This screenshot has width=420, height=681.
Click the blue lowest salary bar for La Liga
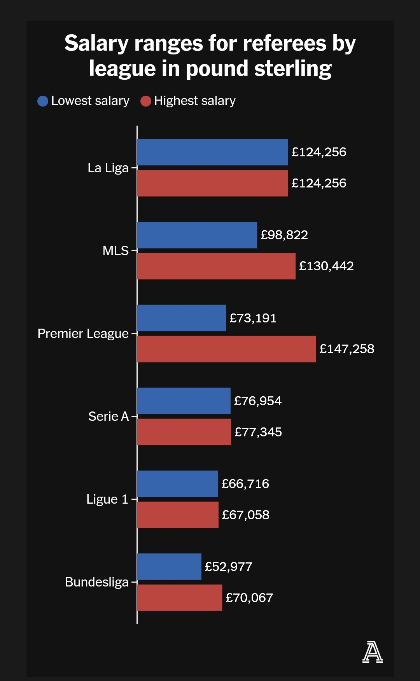212,152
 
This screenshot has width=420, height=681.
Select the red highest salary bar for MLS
216,266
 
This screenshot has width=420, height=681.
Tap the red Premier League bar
226,349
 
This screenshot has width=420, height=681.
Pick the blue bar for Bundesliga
169,567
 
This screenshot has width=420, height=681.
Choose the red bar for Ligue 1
178,515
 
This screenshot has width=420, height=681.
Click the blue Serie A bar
184,401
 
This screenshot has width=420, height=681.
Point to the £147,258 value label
347,349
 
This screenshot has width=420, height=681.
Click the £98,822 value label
284,235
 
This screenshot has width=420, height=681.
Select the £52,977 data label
229,567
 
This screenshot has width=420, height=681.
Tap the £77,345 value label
258,432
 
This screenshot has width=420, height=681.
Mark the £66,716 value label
245,484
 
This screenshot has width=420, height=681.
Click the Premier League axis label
83,334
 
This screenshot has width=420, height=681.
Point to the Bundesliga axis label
96,582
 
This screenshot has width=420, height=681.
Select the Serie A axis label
108,417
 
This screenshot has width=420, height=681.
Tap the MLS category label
115,251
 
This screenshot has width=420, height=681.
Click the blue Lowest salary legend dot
43,101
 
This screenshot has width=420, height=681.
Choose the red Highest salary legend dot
146,101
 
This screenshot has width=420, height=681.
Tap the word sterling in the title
293,69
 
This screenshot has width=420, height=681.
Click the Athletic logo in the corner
373,652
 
